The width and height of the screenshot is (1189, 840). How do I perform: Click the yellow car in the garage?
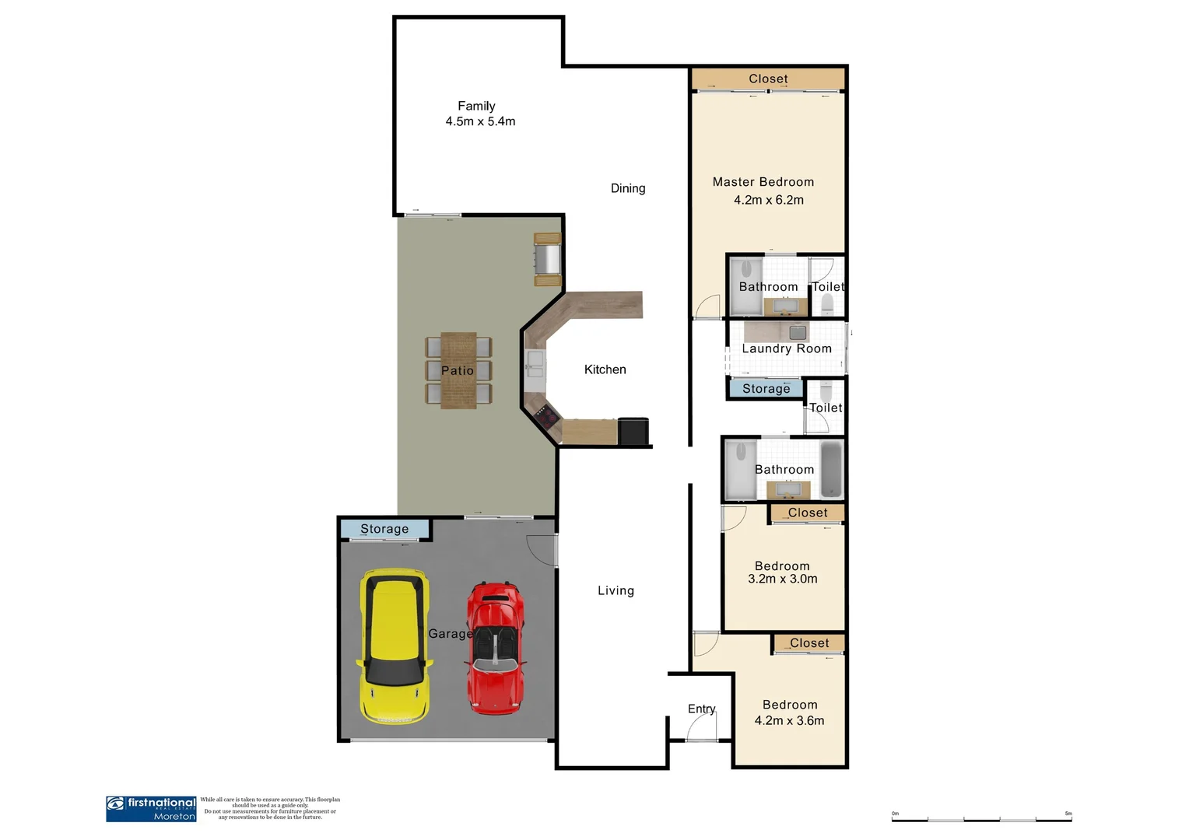coord(395,646)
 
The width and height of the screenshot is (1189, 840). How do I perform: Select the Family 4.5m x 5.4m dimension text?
coord(480,121)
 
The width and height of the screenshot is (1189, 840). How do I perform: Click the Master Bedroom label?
coord(763,182)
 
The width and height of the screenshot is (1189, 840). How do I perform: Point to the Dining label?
coord(627,188)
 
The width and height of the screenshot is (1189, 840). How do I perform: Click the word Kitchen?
coord(605,369)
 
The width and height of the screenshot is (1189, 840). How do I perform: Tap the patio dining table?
coord(458,370)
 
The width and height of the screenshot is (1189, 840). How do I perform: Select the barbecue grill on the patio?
coord(547,258)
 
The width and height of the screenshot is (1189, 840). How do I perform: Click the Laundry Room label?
coord(786,348)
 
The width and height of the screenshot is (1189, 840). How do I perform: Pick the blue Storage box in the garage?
coord(384,529)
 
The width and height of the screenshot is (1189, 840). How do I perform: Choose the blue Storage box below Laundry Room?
coord(766,388)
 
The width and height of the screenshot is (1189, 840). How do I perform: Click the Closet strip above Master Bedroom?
coord(767,79)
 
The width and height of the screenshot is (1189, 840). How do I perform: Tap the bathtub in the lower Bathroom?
coord(831,470)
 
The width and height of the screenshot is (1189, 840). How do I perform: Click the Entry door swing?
coord(702,726)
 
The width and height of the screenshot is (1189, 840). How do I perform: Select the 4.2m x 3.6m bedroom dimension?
coord(789,721)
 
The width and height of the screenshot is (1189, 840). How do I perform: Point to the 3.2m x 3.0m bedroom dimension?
coord(782,579)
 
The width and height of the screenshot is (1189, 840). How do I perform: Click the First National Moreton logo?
coord(151,809)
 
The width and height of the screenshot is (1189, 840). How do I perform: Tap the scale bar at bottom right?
coord(981,818)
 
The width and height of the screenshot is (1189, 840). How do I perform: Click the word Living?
coord(616,590)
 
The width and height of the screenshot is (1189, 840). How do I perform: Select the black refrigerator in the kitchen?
coord(633,431)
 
